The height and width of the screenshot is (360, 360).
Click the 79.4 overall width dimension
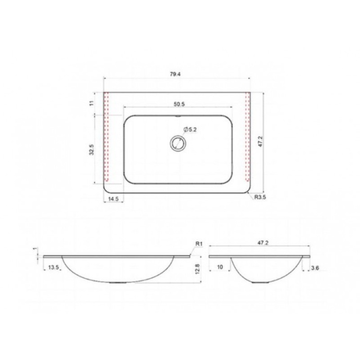pos(175,74)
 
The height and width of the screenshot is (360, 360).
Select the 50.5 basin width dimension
pos(179,104)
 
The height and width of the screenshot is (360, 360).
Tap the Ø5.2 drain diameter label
pos(190,130)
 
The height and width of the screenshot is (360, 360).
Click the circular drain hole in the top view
pos(178,143)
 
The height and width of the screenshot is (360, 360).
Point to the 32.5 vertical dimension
pos(92,150)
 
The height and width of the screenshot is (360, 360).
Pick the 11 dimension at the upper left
pos(92,103)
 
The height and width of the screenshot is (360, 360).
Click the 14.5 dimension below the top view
pos(113,199)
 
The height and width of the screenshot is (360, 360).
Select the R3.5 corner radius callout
pos(260,197)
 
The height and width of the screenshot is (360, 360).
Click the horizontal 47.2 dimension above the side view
pos(263,243)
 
